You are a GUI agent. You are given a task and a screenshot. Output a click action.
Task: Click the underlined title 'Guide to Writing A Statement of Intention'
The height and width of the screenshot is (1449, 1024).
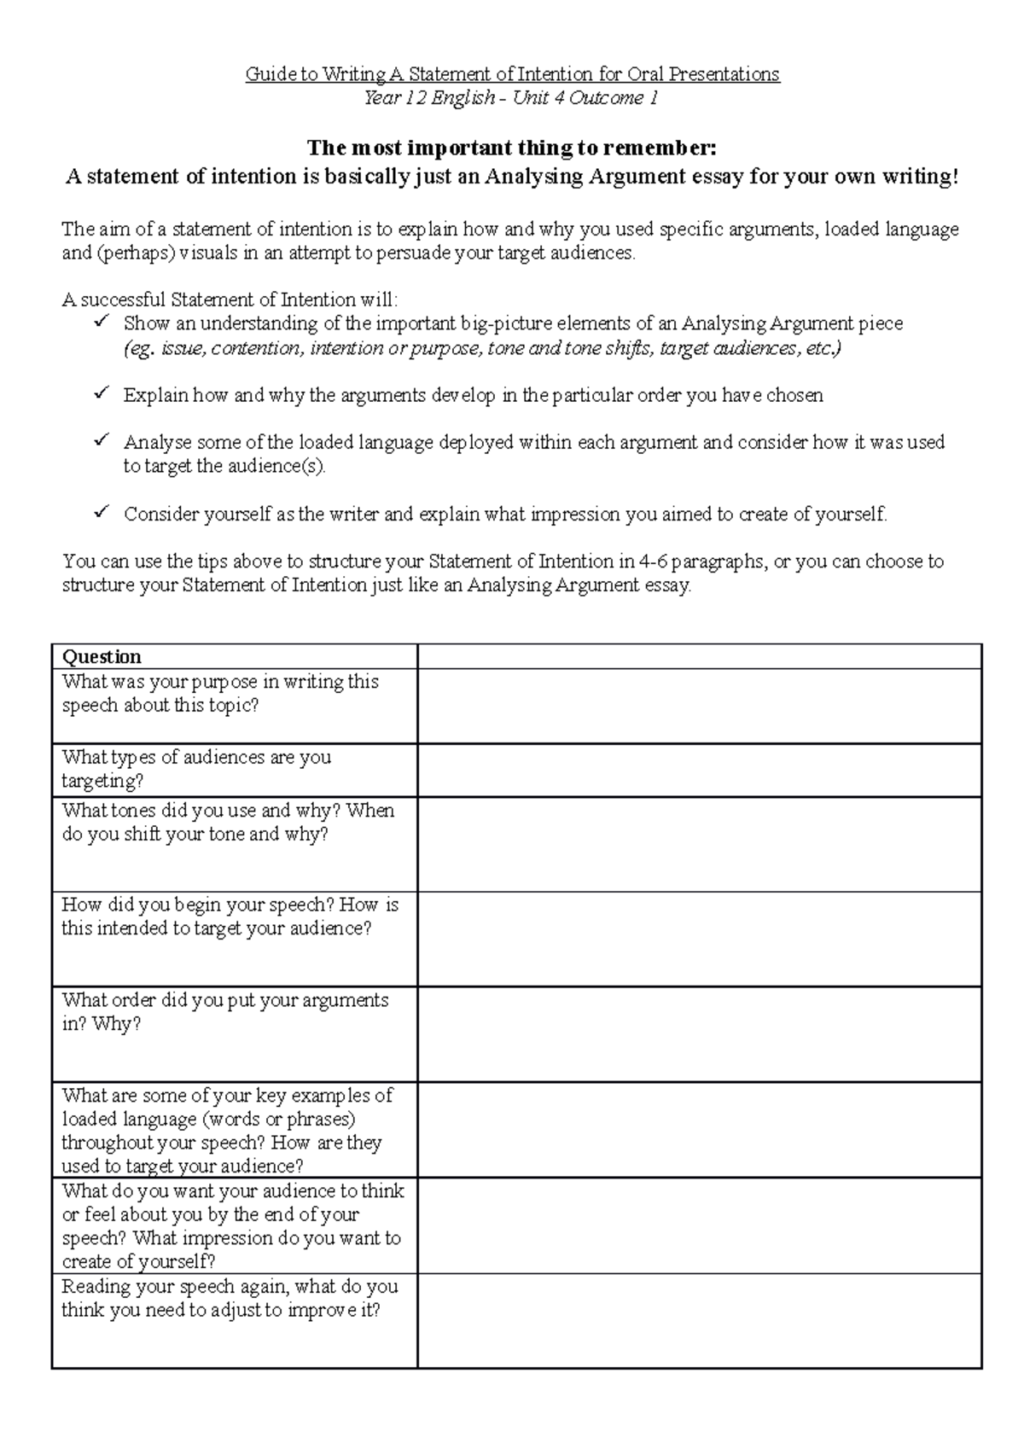click(x=512, y=74)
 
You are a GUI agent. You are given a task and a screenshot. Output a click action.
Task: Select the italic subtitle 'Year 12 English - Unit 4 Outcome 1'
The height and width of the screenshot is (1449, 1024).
click(x=511, y=98)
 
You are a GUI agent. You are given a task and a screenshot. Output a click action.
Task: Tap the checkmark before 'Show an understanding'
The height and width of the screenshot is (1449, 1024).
click(x=101, y=322)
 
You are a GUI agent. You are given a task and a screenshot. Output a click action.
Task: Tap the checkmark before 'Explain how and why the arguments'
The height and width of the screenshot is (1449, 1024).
click(x=101, y=393)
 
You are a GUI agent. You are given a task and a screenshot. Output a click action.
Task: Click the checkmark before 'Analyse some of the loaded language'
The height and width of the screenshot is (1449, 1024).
click(x=101, y=440)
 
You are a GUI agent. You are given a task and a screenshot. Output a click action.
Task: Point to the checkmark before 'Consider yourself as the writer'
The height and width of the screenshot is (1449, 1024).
click(x=101, y=512)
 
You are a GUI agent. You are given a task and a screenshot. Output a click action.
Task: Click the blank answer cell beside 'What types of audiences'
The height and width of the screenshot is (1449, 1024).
click(x=699, y=770)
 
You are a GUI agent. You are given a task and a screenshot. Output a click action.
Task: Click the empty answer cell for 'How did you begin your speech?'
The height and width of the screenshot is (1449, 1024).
click(x=699, y=939)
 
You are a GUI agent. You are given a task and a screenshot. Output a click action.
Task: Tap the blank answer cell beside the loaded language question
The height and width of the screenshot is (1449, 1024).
click(x=699, y=1130)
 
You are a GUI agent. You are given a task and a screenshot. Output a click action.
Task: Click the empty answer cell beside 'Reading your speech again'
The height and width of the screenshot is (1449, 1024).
click(x=699, y=1320)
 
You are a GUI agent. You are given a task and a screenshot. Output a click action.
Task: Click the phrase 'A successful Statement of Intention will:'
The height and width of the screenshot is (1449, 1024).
click(x=230, y=300)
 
